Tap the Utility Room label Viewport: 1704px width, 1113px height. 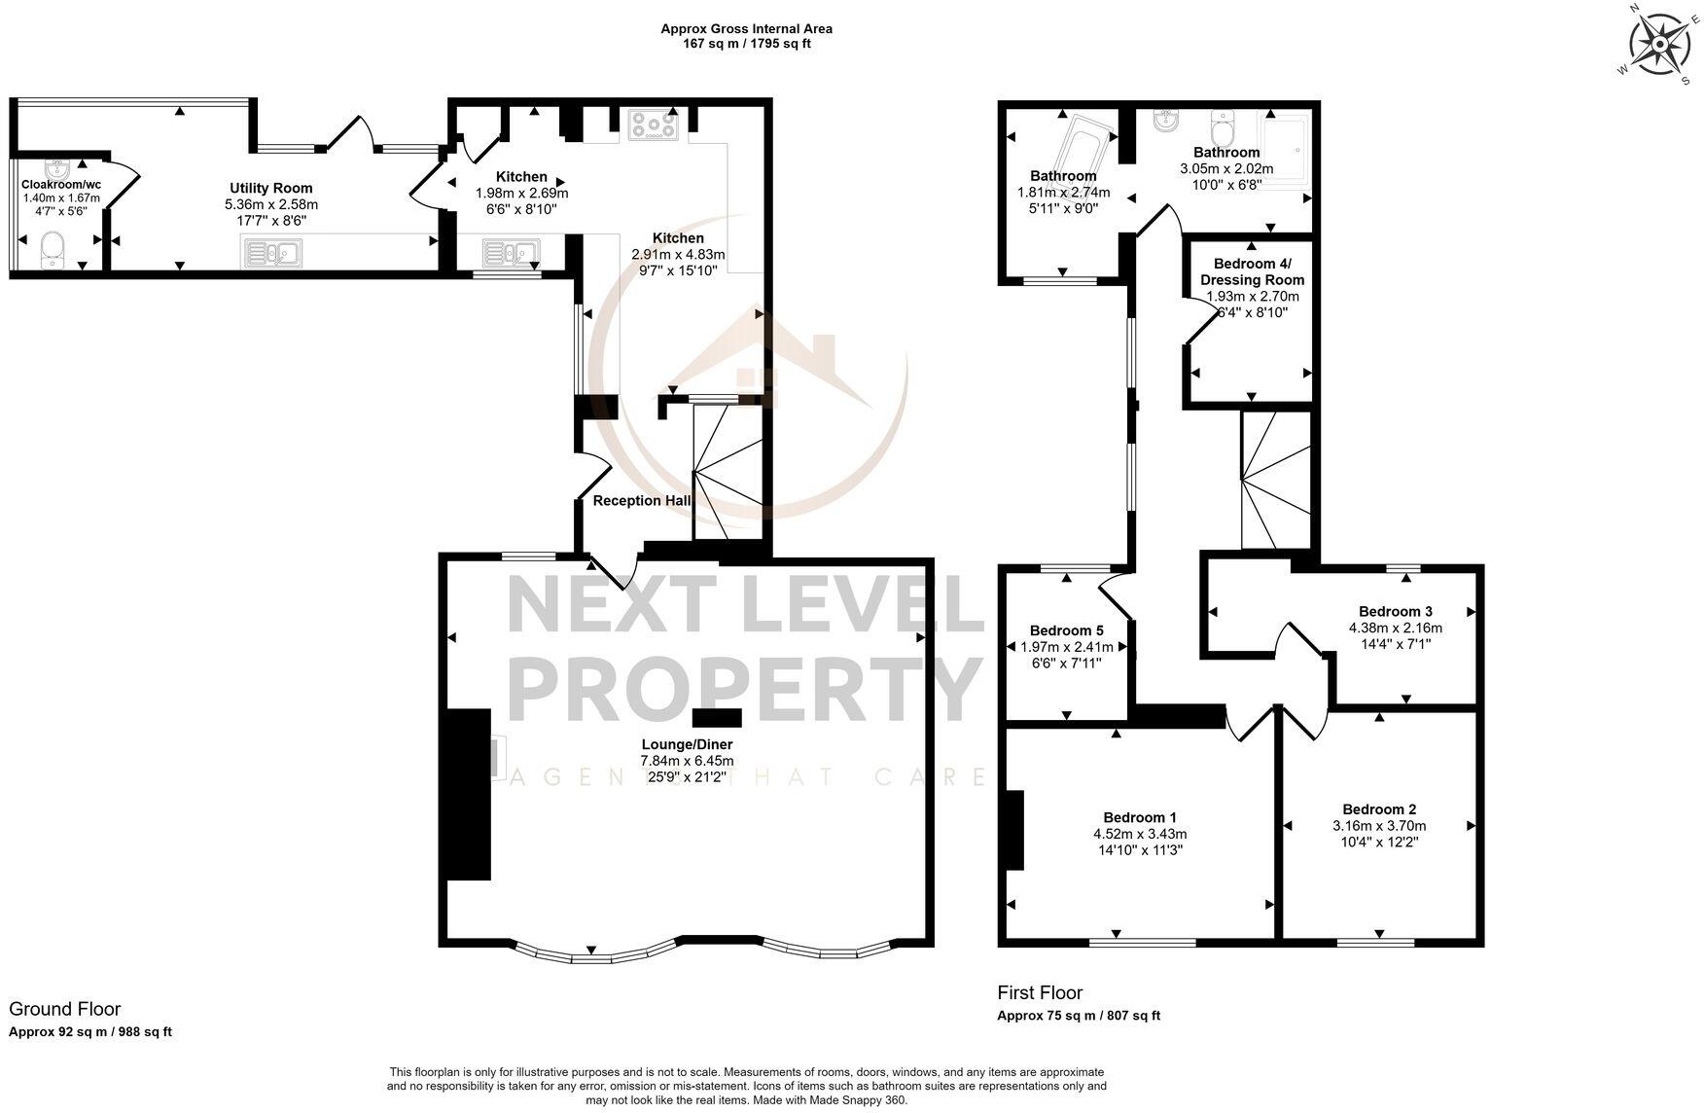coord(270,188)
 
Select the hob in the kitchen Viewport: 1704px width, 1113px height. coord(654,126)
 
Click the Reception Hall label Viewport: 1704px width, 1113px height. coord(642,501)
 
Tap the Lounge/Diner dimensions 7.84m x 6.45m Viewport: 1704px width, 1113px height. coord(687,761)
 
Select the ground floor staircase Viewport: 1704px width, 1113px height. coord(729,472)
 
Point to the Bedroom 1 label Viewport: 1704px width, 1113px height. coord(1140,817)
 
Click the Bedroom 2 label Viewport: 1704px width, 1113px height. coord(1378,809)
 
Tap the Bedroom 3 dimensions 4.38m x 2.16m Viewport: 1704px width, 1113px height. coord(1395,628)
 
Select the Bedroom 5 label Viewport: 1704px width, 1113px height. coord(1066,630)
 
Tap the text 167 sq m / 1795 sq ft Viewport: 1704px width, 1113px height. coord(746,44)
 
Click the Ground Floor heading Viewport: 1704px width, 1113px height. coord(64,1009)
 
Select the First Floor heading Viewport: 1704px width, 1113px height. coord(1039,992)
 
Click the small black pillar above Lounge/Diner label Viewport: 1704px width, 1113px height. coord(717,718)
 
